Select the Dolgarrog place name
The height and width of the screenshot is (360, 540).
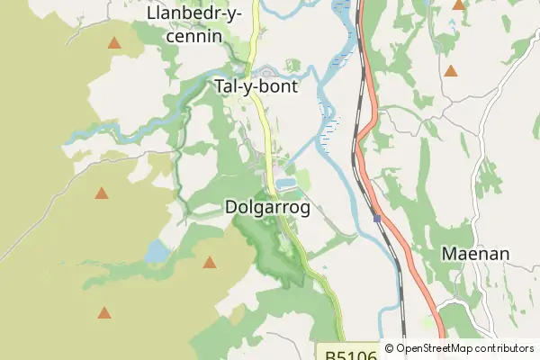click(x=266, y=208)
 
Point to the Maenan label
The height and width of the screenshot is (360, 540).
click(x=475, y=254)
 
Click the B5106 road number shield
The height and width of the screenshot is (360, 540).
click(x=346, y=351)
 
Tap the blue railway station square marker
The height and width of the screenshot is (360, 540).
click(x=376, y=219)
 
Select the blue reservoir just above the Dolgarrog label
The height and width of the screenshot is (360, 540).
click(x=285, y=184)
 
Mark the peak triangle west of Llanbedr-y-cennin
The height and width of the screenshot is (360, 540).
click(x=114, y=42)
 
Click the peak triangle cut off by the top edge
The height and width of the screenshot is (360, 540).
click(x=458, y=4)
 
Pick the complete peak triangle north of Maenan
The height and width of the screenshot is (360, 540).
click(x=450, y=70)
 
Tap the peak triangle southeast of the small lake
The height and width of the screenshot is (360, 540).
click(x=210, y=262)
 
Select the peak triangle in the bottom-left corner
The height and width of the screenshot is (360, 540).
click(x=104, y=312)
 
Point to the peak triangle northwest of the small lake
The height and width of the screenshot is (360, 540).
click(x=102, y=193)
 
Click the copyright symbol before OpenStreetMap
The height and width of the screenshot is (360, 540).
click(x=389, y=348)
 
